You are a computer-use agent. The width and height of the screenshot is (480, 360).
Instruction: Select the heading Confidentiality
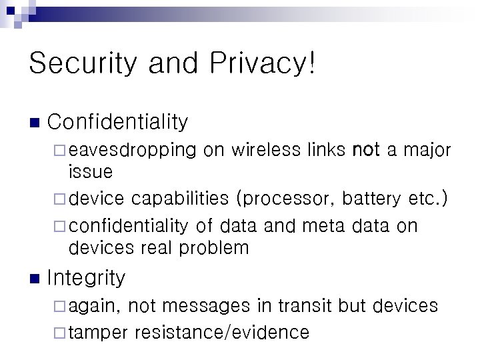(x=118, y=122)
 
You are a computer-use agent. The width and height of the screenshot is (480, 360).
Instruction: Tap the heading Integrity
(x=86, y=277)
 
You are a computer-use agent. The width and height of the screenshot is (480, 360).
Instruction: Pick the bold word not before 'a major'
(x=366, y=150)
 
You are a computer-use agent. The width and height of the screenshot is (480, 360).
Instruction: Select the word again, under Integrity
(x=95, y=307)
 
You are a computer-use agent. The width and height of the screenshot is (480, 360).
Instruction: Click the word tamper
(x=97, y=332)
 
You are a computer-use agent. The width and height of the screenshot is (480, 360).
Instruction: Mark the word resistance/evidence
(x=221, y=332)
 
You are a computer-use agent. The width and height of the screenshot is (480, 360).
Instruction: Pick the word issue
(x=91, y=172)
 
